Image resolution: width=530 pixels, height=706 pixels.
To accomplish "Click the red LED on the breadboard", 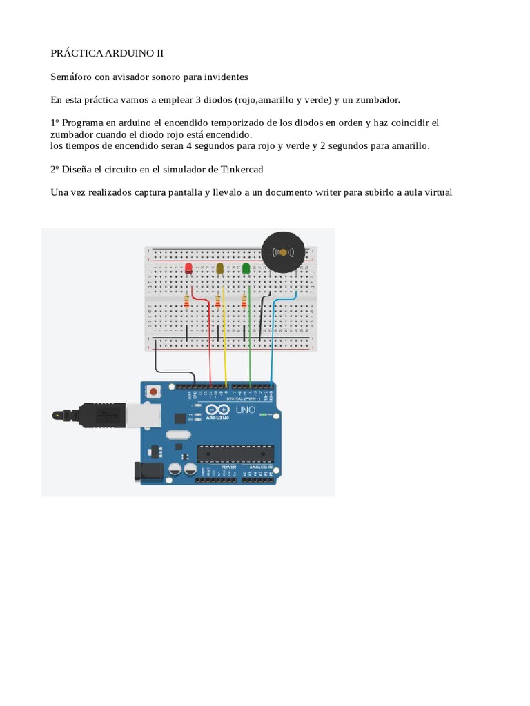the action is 188,268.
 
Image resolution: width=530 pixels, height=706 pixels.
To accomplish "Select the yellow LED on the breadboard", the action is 220,268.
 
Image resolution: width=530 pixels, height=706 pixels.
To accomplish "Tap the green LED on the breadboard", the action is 246,268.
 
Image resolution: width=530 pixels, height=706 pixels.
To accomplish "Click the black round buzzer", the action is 283,252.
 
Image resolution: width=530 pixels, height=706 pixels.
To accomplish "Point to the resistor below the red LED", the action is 186,301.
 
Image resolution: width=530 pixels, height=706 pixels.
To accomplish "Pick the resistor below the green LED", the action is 244,301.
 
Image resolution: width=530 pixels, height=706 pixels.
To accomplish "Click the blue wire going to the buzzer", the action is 272,338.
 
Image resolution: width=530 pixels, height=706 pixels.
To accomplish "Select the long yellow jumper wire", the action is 225,345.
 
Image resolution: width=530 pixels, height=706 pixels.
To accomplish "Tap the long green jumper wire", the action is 250,345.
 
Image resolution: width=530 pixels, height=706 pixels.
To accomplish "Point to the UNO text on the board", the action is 246,410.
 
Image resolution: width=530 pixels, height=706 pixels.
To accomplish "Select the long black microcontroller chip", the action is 235,453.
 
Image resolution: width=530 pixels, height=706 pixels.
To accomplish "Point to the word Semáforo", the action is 72,77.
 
